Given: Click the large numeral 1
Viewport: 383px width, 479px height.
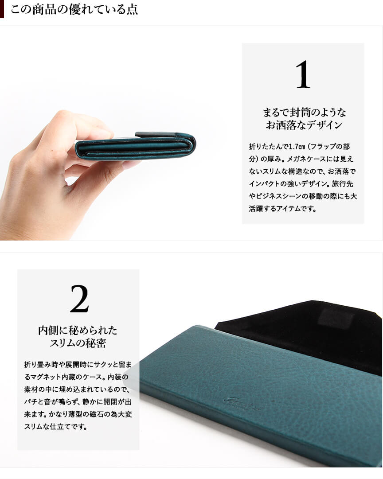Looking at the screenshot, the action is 303,74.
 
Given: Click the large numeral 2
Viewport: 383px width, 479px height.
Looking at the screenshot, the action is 79,299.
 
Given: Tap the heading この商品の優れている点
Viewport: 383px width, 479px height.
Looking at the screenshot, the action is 74,9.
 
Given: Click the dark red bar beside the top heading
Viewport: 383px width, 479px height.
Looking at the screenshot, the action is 2,9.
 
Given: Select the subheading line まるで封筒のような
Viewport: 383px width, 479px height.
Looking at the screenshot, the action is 304,112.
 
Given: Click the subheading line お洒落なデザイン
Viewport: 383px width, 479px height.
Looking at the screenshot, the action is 304,125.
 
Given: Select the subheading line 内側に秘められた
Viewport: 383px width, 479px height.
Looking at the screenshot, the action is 78,330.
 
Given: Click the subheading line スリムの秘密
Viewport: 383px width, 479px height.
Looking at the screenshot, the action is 78,343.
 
